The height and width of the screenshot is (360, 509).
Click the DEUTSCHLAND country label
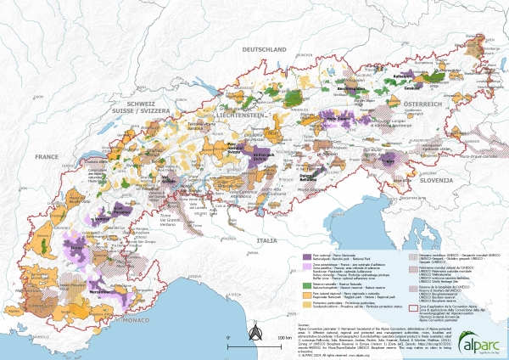point(266,51)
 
